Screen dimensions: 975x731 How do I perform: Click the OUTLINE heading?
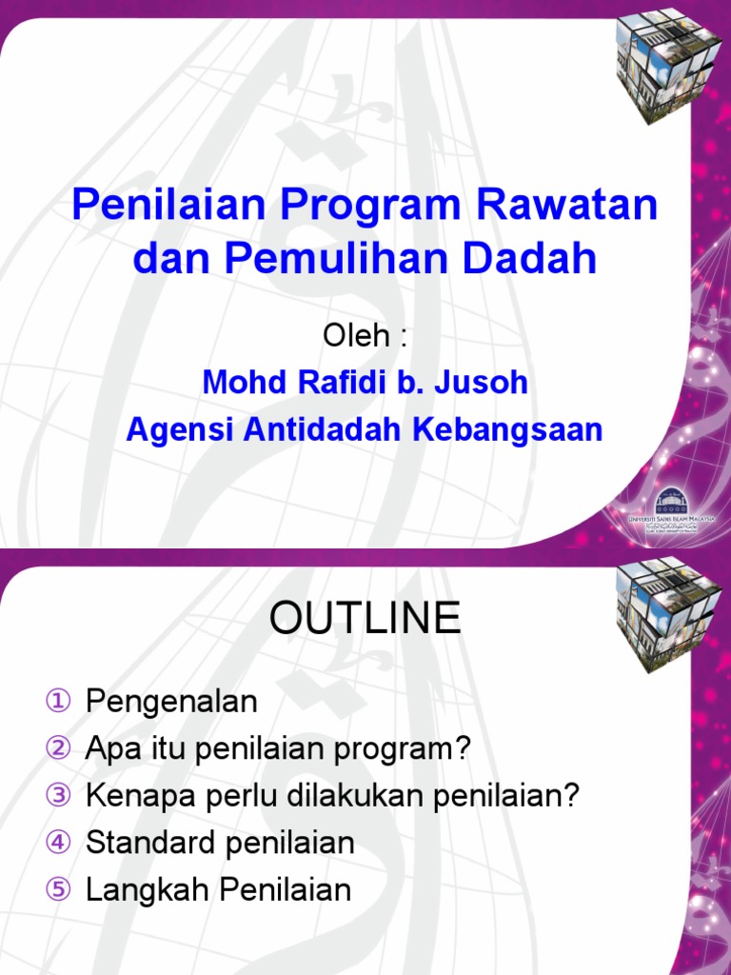click(x=365, y=619)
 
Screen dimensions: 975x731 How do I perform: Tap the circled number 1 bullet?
click(x=59, y=703)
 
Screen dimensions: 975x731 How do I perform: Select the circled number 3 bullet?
click(x=59, y=796)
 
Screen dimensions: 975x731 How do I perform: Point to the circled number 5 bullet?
click(x=59, y=890)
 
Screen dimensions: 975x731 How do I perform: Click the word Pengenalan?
click(x=172, y=703)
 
